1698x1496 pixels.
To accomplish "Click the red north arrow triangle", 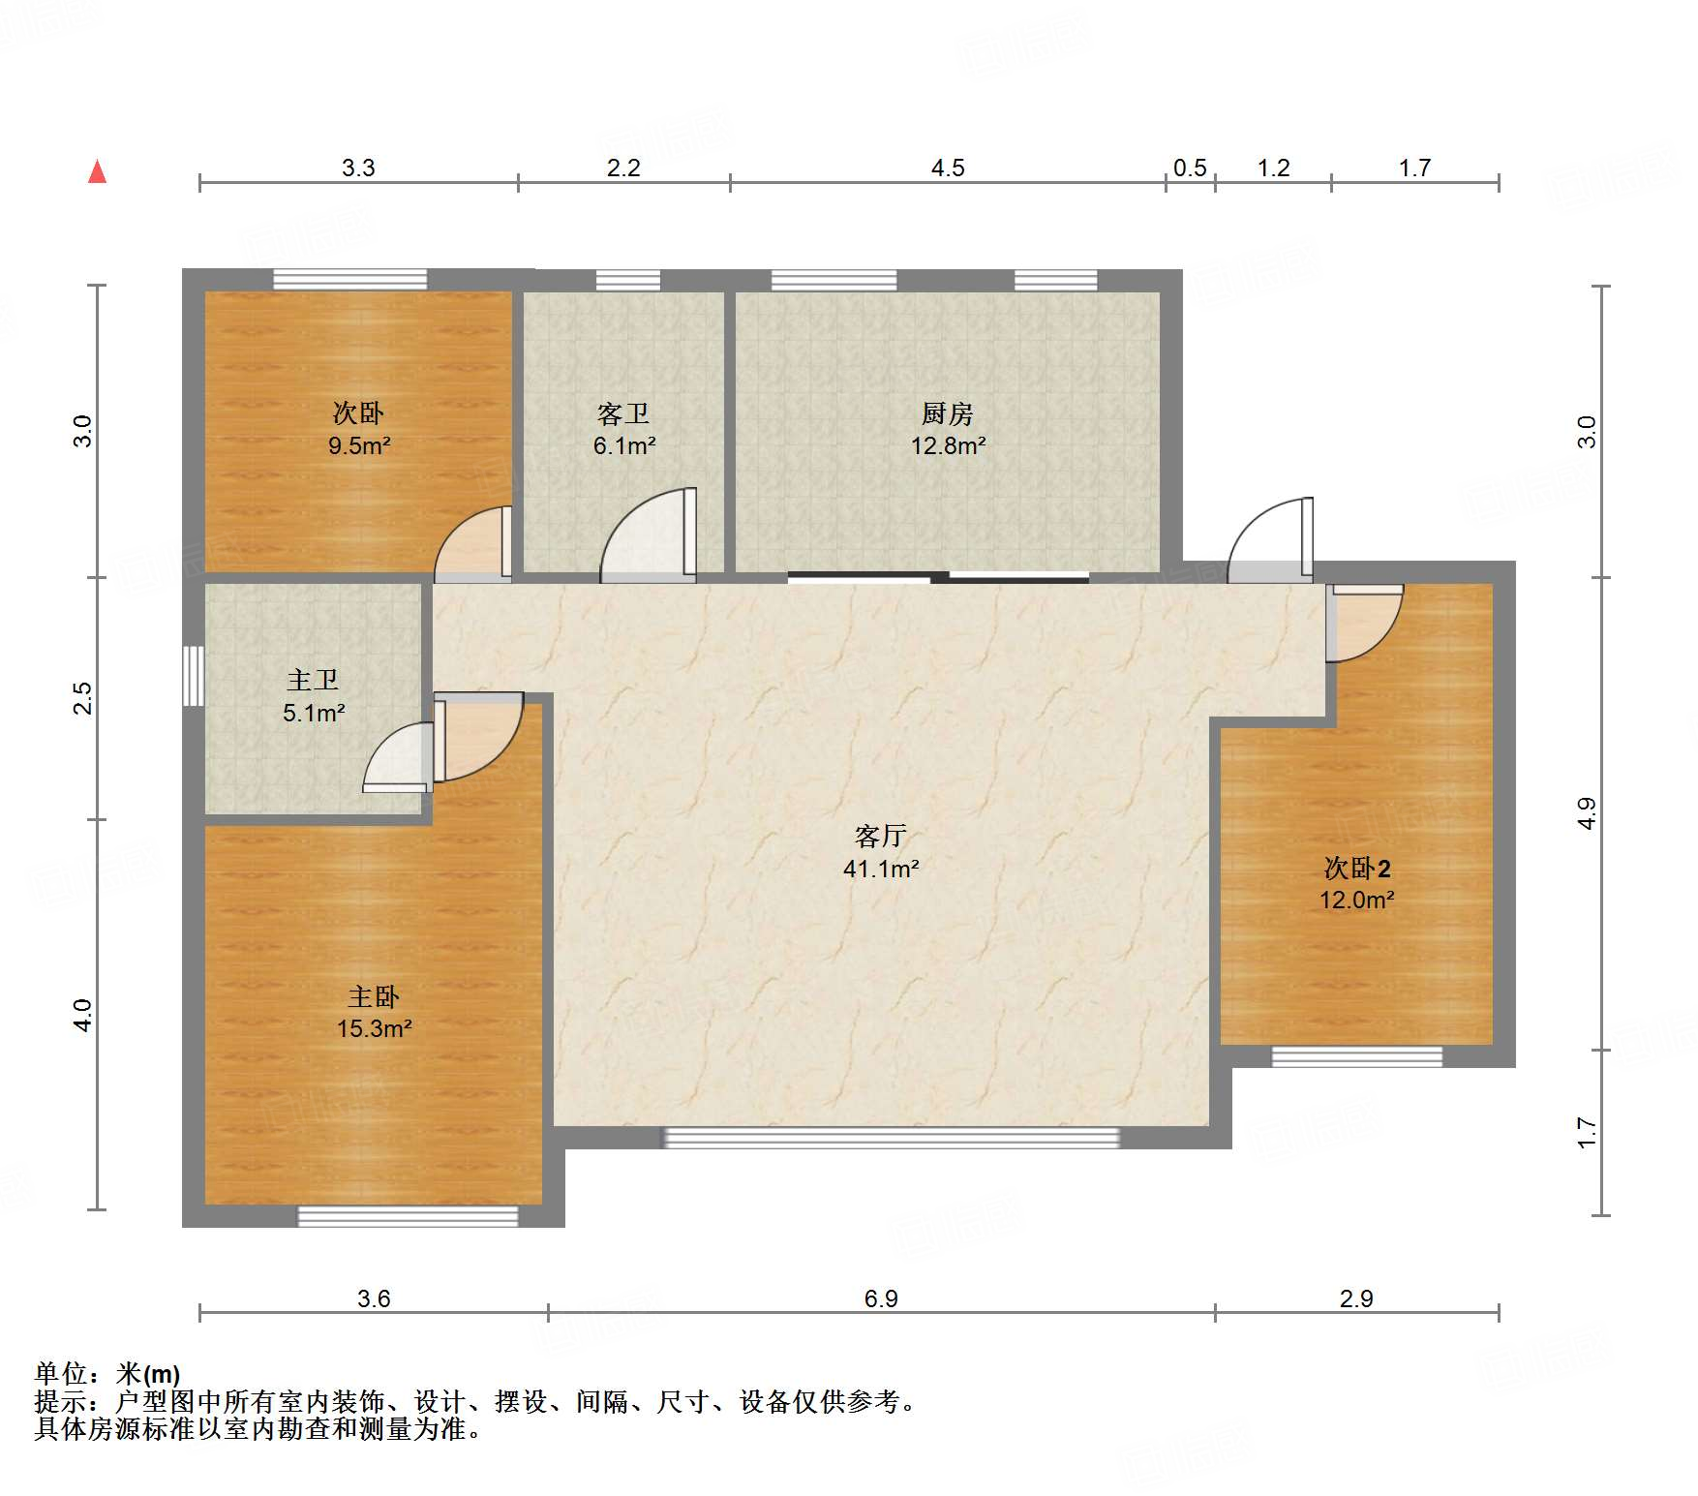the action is point(97,171).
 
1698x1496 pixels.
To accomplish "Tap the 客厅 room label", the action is point(880,836).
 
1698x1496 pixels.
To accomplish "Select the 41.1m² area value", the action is point(881,869).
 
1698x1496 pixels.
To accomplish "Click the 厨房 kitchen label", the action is point(947,413).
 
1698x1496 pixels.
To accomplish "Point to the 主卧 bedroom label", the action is point(374,996).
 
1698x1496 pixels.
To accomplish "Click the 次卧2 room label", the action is point(1357,868).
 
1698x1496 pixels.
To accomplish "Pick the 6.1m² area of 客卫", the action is point(624,446).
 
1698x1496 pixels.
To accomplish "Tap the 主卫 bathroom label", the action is point(313,680).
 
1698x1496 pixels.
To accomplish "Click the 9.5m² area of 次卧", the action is point(359,445).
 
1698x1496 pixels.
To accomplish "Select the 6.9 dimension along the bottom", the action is point(881,1298).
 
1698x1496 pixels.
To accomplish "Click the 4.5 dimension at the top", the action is point(948,168).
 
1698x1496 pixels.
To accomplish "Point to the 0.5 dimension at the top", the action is point(1190,168).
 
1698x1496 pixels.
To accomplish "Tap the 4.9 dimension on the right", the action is point(1586,813).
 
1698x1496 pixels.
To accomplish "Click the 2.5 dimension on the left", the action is point(83,698).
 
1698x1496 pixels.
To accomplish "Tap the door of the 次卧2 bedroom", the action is point(1364,623).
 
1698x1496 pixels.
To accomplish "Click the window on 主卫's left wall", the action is point(194,675).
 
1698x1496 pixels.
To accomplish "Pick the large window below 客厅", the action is point(891,1138).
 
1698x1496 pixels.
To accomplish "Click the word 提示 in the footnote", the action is point(60,1401).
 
